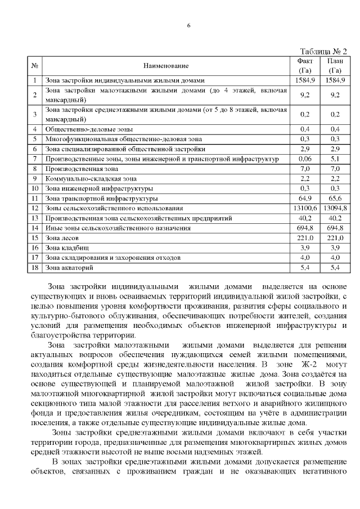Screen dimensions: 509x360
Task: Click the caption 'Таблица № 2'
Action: [x=323, y=51]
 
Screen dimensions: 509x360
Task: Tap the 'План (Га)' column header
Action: [x=335, y=66]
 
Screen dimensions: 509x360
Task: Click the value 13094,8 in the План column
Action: [x=335, y=208]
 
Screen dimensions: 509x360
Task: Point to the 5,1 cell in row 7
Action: [x=335, y=159]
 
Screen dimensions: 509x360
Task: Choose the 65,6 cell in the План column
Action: [x=335, y=199]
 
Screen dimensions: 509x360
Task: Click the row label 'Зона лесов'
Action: [x=60, y=238]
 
